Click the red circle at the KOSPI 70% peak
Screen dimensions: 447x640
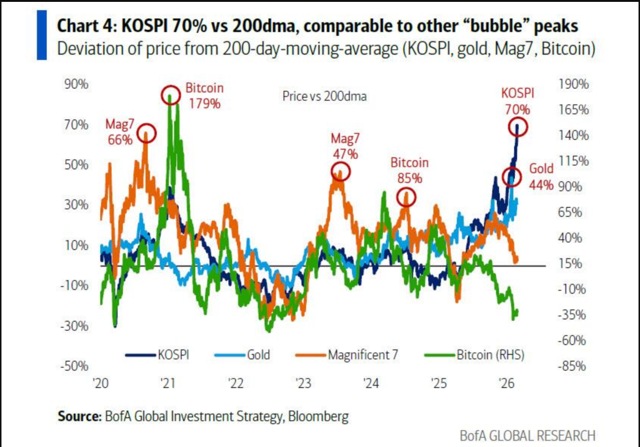[x=517, y=128]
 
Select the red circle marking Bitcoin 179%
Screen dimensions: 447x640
[x=170, y=96]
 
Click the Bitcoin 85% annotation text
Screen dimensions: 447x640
[x=409, y=169]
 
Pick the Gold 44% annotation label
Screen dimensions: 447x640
[x=541, y=176]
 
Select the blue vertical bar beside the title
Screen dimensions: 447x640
[x=42, y=34]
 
